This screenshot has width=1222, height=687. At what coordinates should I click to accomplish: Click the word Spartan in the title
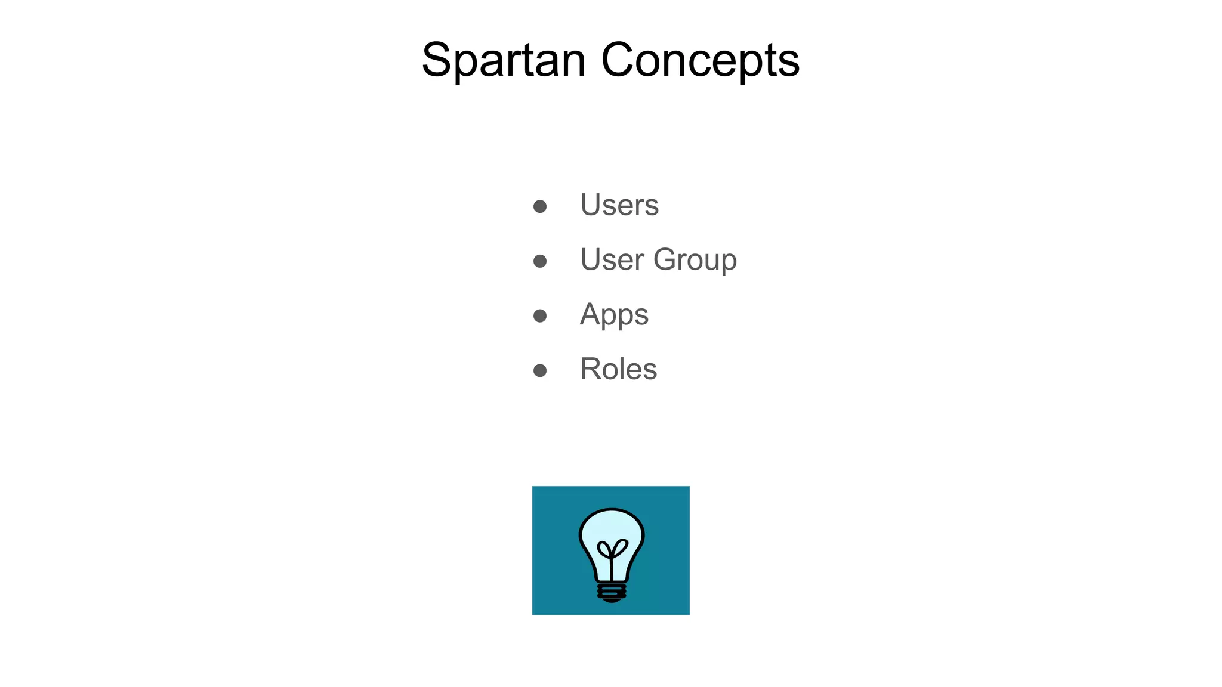click(504, 60)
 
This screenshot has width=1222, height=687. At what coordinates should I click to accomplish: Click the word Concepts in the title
click(700, 60)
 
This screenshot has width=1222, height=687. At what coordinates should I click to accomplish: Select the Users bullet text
click(619, 205)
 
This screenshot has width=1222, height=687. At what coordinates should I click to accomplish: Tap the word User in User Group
click(612, 259)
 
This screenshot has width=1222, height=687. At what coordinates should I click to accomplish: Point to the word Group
click(695, 261)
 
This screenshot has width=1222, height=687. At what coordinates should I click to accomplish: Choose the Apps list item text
click(614, 315)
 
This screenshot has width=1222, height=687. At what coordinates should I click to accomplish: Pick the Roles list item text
click(618, 369)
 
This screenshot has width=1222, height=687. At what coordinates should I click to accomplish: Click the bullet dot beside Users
click(540, 206)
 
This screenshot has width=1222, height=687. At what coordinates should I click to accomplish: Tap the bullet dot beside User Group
click(540, 261)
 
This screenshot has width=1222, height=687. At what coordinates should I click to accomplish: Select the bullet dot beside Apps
click(540, 316)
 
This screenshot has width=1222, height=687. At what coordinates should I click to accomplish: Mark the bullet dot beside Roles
click(540, 371)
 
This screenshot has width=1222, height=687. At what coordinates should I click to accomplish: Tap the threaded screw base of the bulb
click(612, 592)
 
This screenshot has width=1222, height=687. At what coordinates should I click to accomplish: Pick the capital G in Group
click(668, 259)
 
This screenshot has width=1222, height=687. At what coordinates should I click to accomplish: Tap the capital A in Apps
click(591, 314)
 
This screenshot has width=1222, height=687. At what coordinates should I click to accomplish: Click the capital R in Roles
click(592, 369)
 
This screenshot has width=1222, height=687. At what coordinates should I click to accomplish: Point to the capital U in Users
click(592, 205)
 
